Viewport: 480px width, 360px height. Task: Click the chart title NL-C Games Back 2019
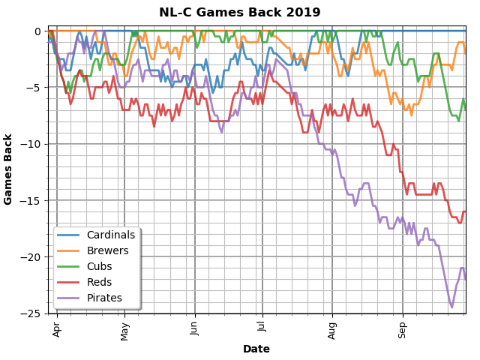click(x=239, y=13)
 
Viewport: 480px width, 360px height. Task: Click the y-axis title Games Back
click(x=9, y=169)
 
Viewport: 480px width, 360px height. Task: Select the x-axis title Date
click(x=256, y=349)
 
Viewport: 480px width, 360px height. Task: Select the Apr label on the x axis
click(x=57, y=328)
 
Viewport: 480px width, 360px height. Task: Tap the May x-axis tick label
click(x=125, y=330)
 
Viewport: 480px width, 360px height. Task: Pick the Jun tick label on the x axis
click(x=195, y=328)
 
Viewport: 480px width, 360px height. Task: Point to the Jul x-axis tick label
click(x=262, y=328)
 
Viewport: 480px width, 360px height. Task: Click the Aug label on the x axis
click(x=332, y=329)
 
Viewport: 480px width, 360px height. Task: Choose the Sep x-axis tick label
click(x=403, y=328)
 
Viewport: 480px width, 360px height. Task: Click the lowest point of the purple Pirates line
click(x=451, y=307)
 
